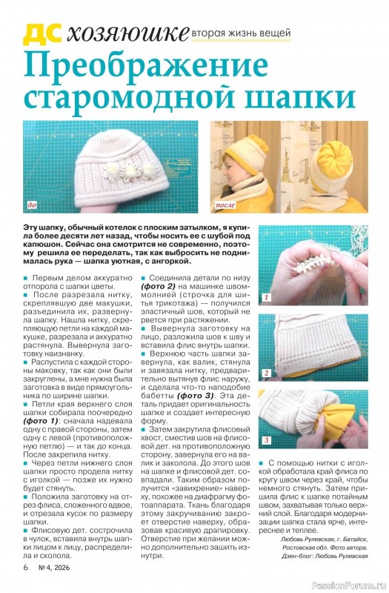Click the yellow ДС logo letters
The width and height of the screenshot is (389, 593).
tap(42, 34)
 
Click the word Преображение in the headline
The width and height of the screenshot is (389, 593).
tap(146, 65)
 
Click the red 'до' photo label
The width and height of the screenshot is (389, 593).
tap(33, 205)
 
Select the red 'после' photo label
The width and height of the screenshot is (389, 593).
tap(225, 205)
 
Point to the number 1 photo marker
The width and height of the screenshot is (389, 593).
tap(267, 297)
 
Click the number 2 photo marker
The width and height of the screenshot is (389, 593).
tap(267, 374)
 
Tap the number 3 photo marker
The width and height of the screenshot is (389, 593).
tap(267, 440)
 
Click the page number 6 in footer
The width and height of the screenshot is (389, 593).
tap(26, 567)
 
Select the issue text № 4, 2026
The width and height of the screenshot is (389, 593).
tap(53, 567)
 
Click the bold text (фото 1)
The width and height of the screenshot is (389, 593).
tap(41, 421)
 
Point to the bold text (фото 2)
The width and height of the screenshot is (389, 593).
tap(159, 286)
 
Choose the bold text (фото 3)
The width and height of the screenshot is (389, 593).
tap(195, 396)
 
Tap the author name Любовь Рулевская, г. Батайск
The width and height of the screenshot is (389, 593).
tap(325, 540)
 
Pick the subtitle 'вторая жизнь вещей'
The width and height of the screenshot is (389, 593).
tap(242, 33)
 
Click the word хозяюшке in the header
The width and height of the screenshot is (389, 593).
tap(127, 34)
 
